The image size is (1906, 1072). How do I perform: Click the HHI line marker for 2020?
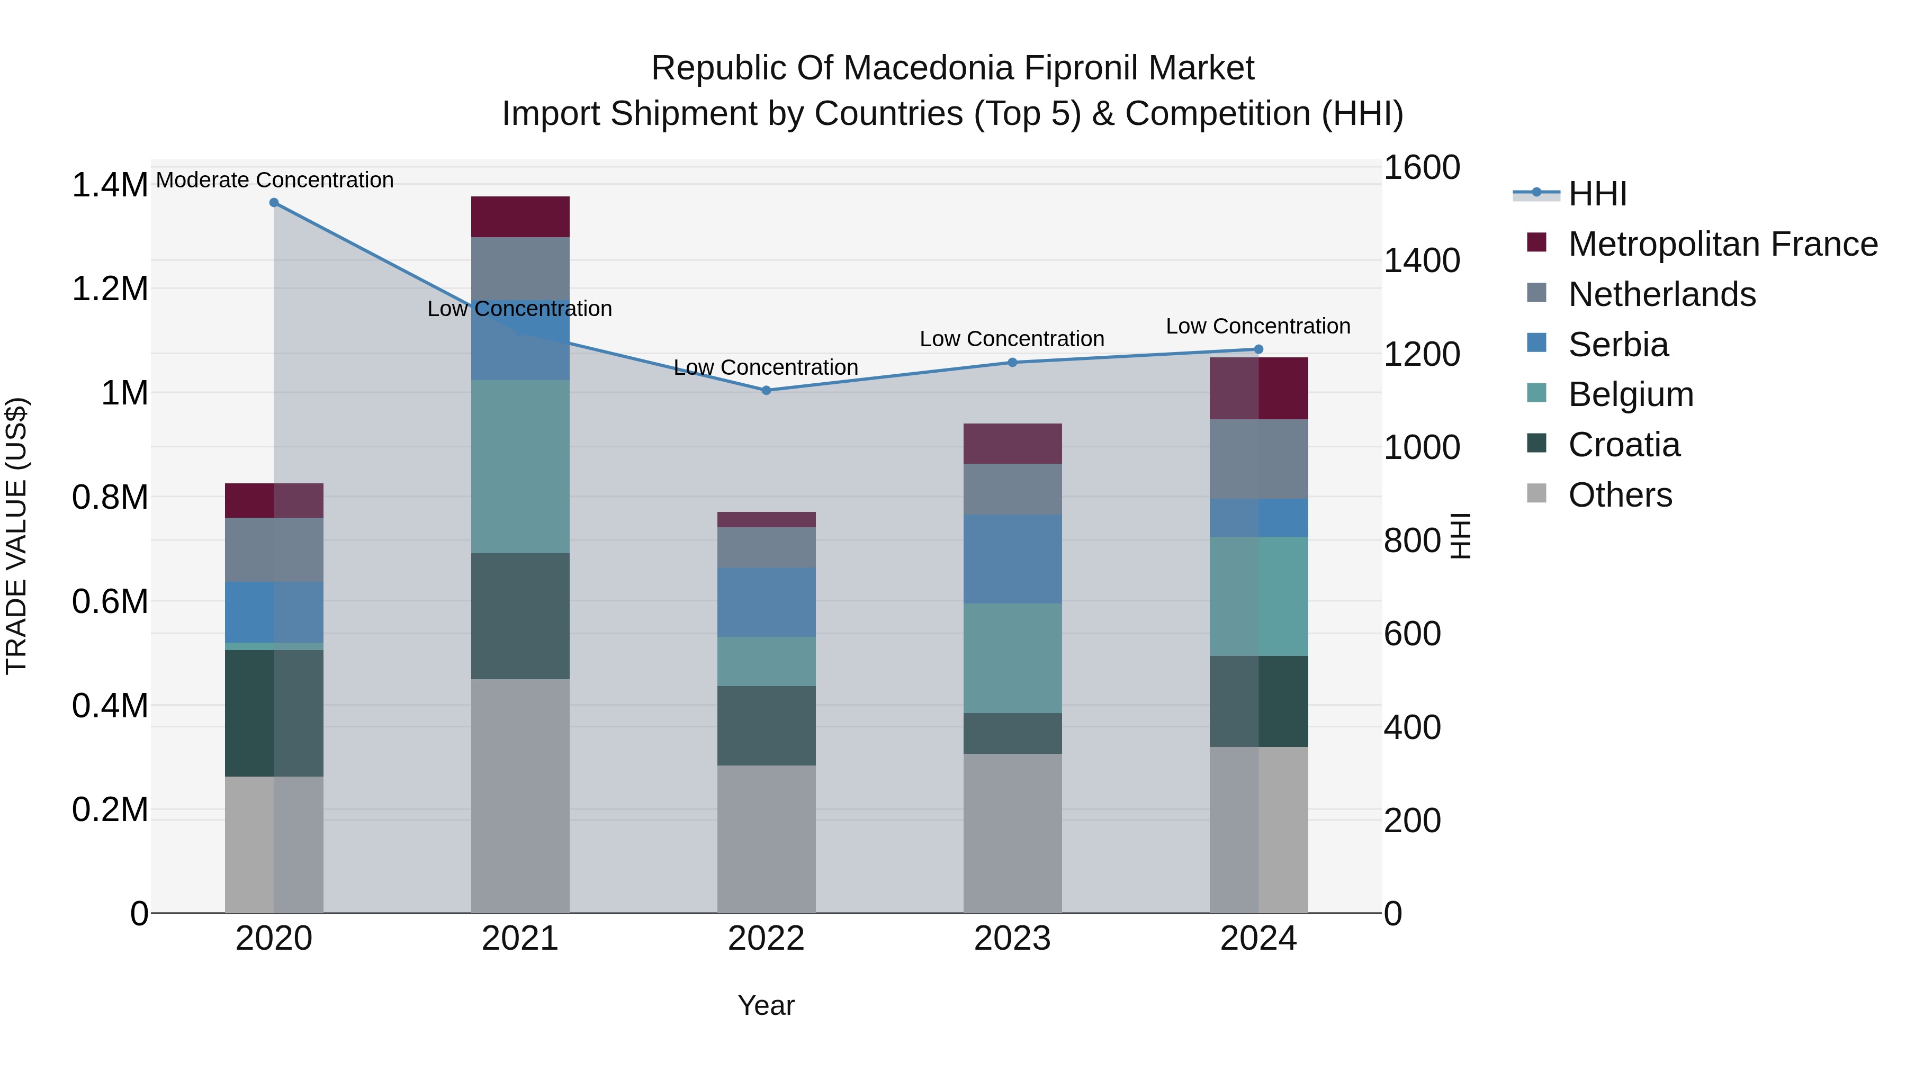[274, 202]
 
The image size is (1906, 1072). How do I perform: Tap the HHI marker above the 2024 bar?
[1258, 349]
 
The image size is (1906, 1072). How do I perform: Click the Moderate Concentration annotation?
[274, 180]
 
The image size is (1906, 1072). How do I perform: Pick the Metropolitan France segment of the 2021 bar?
[520, 217]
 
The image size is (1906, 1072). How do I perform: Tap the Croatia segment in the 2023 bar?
[1012, 733]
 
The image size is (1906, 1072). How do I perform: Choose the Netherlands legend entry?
[1661, 294]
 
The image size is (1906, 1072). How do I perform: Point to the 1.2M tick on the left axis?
[110, 289]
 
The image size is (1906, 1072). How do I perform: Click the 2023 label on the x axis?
[1012, 939]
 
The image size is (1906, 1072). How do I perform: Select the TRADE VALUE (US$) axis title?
[16, 536]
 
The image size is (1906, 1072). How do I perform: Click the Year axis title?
[766, 1005]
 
